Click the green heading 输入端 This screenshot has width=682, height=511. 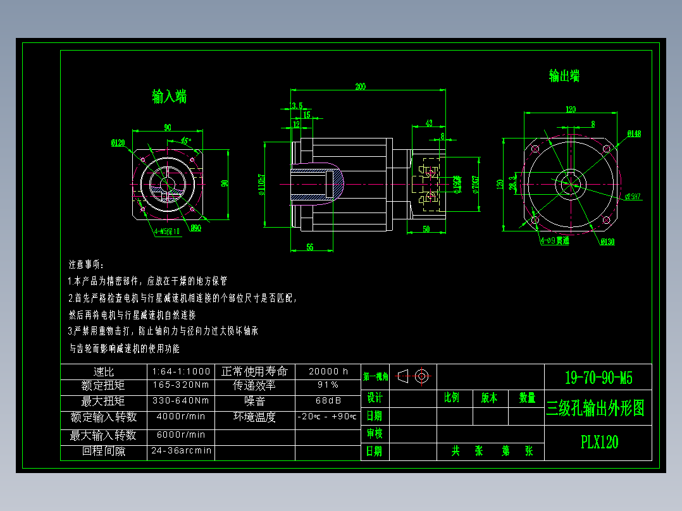coord(169,97)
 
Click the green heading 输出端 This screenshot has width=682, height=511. coord(564,76)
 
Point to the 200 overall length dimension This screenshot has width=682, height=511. coord(360,87)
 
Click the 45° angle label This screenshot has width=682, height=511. coord(186,140)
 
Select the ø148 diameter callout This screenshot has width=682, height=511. coord(634,133)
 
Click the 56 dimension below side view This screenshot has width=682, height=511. coord(310,247)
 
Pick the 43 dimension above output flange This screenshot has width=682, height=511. coord(428,123)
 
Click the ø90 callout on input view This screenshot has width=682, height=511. coord(195,228)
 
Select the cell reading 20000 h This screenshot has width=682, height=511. coord(328,371)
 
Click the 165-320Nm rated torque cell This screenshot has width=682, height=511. coord(181,385)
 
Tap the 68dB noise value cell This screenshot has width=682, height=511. coord(328,401)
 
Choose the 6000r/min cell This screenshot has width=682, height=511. coord(181,435)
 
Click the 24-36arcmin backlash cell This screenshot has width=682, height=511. coord(181,452)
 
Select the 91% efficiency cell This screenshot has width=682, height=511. coord(328,385)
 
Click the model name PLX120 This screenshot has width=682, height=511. coord(599,442)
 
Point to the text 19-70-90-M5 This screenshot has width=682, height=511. coord(598,378)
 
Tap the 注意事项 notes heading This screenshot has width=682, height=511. coord(86,264)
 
